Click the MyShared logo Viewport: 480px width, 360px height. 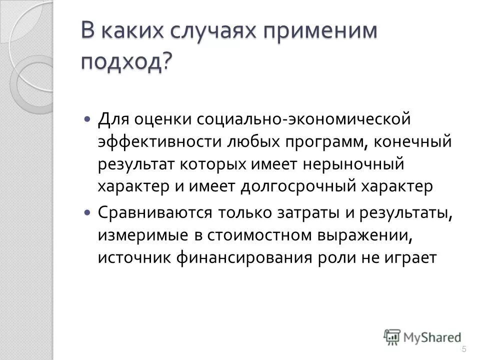coord(422,336)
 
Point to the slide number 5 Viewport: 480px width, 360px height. coord(464,348)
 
